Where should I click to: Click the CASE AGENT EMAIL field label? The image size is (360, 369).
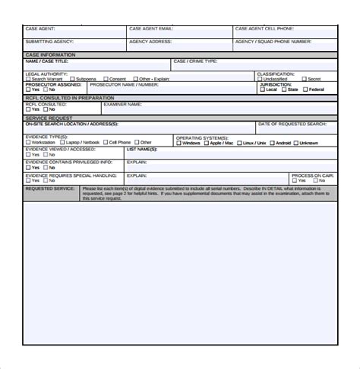click(x=150, y=29)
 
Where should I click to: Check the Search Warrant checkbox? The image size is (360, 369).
click(x=28, y=79)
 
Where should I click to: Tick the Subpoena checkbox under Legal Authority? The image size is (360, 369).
click(x=73, y=79)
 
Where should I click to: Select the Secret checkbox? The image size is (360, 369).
click(x=303, y=79)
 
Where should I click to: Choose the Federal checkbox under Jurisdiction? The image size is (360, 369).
click(x=305, y=90)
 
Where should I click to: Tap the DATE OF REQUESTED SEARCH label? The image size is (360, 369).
click(x=292, y=123)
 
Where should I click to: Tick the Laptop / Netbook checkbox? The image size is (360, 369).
click(x=63, y=142)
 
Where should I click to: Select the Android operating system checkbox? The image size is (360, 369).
click(x=271, y=143)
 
